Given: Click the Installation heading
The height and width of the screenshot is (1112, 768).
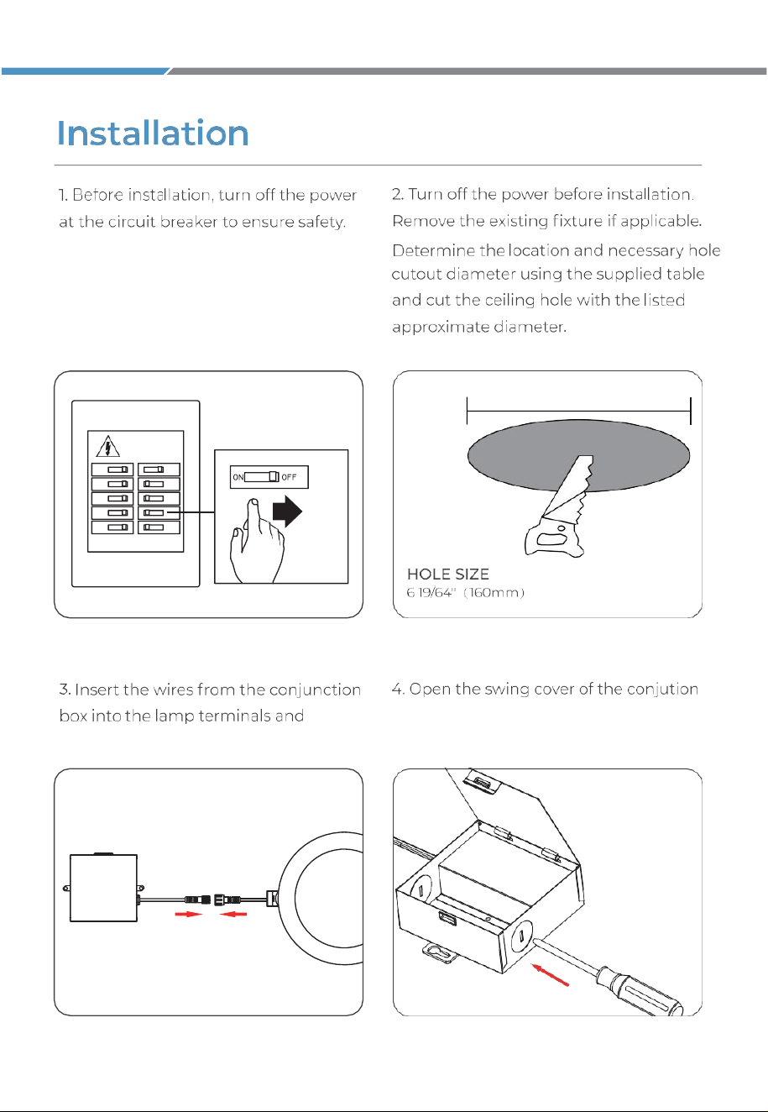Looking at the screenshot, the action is coord(153,133).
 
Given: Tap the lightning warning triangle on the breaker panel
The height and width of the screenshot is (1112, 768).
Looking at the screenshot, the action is coord(107,446).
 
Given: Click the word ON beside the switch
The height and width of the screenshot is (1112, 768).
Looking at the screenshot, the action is coord(238,477).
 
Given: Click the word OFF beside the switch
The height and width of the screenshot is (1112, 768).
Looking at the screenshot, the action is coord(289,477).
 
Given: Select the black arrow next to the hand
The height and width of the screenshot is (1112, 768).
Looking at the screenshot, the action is coord(287,511).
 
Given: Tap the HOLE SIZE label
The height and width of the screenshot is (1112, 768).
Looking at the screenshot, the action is coord(448,574).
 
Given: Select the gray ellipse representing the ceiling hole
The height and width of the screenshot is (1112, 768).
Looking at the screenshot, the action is coord(578,455).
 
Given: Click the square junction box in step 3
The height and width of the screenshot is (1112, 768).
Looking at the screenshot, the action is coord(103,888).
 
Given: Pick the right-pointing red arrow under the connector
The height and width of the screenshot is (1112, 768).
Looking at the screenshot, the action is coord(189,914).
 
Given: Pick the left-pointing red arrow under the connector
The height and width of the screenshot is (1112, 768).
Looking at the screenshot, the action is coord(233,914).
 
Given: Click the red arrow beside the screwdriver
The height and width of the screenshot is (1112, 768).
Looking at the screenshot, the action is coord(550,974).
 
